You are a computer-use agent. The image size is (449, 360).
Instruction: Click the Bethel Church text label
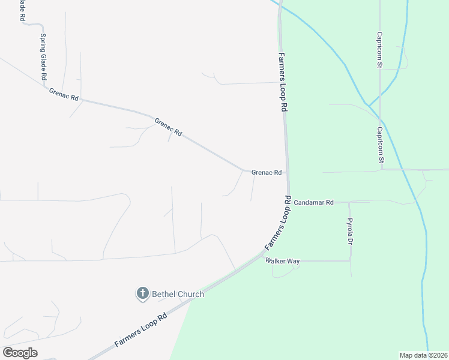pos(178,294)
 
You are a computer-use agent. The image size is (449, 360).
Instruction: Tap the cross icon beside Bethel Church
pos(143,293)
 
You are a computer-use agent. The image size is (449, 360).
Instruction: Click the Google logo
pos(19,353)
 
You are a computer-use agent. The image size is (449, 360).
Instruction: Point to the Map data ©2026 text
pos(423,355)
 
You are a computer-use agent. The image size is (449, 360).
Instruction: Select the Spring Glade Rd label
pos(43,57)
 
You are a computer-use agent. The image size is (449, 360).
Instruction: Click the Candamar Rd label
pos(313,203)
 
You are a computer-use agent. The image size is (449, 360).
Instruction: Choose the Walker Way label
pos(284,262)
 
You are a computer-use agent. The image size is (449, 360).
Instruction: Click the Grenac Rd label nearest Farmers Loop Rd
pos(267,173)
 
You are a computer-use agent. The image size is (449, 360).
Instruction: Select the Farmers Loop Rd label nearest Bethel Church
pos(140,331)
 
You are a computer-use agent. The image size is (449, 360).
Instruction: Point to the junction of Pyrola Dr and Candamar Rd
pos(349,202)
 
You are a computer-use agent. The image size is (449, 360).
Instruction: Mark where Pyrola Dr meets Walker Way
pos(350,260)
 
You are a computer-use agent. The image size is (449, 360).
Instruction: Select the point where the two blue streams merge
pos(369,106)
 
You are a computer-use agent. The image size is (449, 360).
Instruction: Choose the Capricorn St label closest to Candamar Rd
pos(380,145)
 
